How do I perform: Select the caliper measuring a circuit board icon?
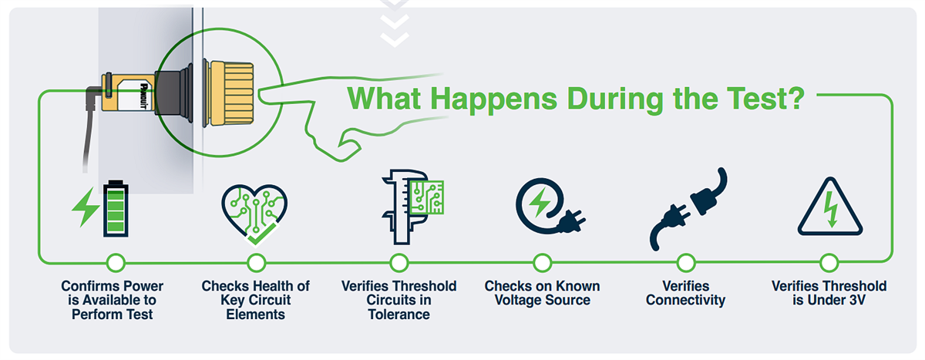(409, 202)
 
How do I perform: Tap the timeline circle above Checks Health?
(256, 263)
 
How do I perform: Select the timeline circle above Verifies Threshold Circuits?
(399, 263)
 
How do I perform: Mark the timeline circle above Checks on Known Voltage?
(542, 263)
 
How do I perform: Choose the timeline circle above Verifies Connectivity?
(685, 263)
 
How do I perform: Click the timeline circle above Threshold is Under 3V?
(829, 263)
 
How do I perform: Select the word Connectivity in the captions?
(685, 301)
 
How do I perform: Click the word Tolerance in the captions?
(399, 315)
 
